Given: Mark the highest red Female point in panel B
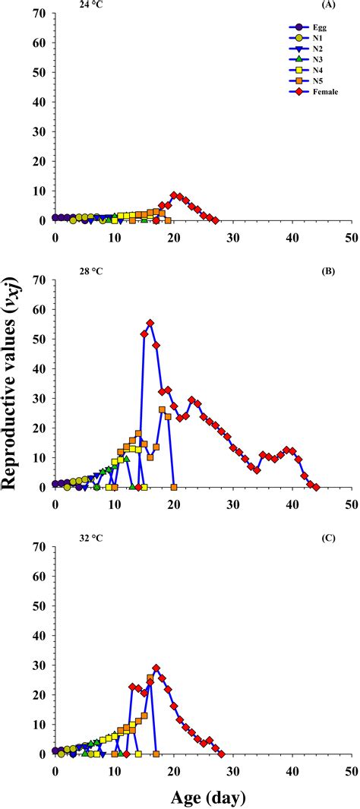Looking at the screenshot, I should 150,323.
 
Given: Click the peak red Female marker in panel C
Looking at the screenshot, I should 156,668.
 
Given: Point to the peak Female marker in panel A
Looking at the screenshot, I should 174,195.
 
